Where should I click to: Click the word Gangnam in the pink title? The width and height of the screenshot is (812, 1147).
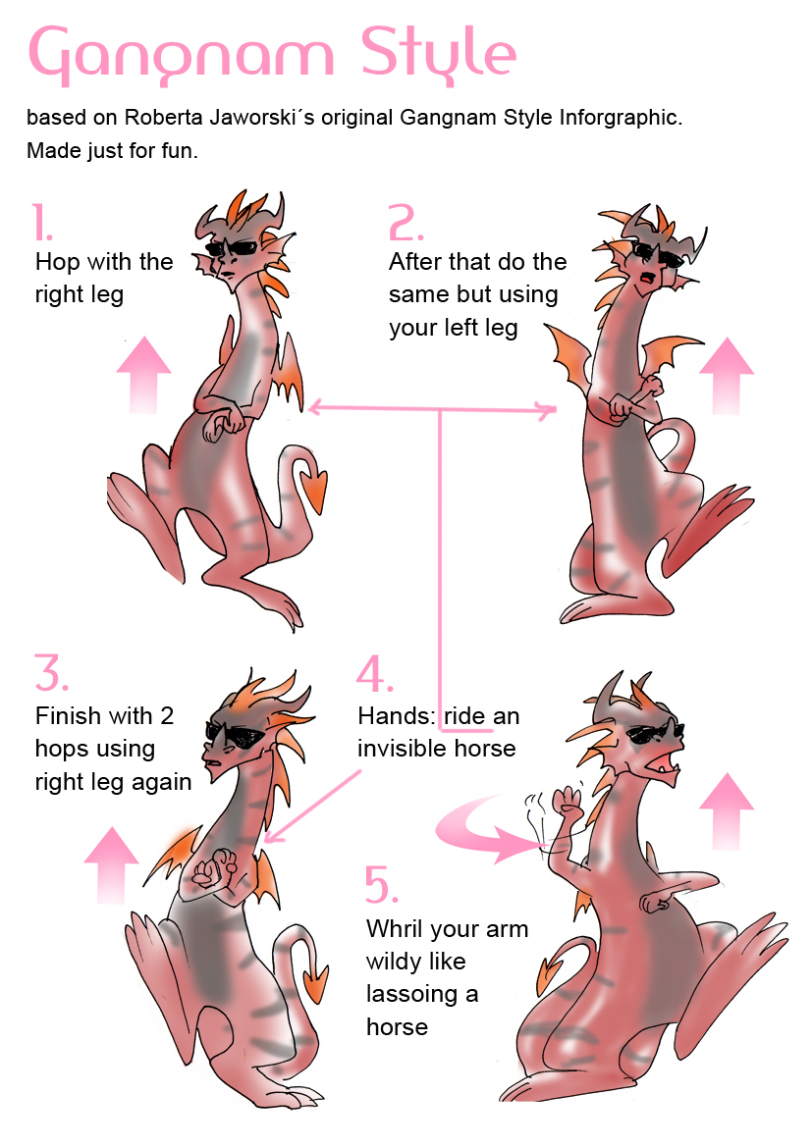click(x=181, y=56)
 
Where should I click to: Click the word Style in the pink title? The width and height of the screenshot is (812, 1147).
click(x=439, y=53)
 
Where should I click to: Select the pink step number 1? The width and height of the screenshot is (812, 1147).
click(x=42, y=223)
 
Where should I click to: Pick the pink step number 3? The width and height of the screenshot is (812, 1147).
click(x=51, y=672)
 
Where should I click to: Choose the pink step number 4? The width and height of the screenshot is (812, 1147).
click(x=374, y=674)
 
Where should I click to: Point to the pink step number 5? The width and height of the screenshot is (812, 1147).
click(x=381, y=884)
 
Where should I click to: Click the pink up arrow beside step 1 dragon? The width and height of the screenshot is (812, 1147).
click(x=143, y=375)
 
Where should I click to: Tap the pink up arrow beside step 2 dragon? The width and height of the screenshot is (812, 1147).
click(x=727, y=375)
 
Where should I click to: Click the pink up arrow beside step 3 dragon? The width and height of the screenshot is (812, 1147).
click(x=111, y=864)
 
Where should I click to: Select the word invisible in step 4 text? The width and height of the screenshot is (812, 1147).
click(x=402, y=748)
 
